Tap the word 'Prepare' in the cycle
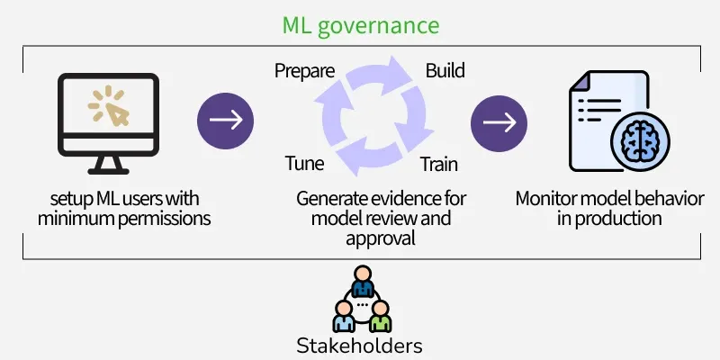tap(304, 70)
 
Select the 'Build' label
tap(445, 70)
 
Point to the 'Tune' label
tap(304, 164)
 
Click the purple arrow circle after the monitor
tap(225, 121)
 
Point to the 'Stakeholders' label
tap(360, 345)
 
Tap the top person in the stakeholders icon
tap(362, 282)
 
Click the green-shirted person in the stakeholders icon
tap(382, 316)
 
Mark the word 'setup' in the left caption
tap(71, 197)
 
